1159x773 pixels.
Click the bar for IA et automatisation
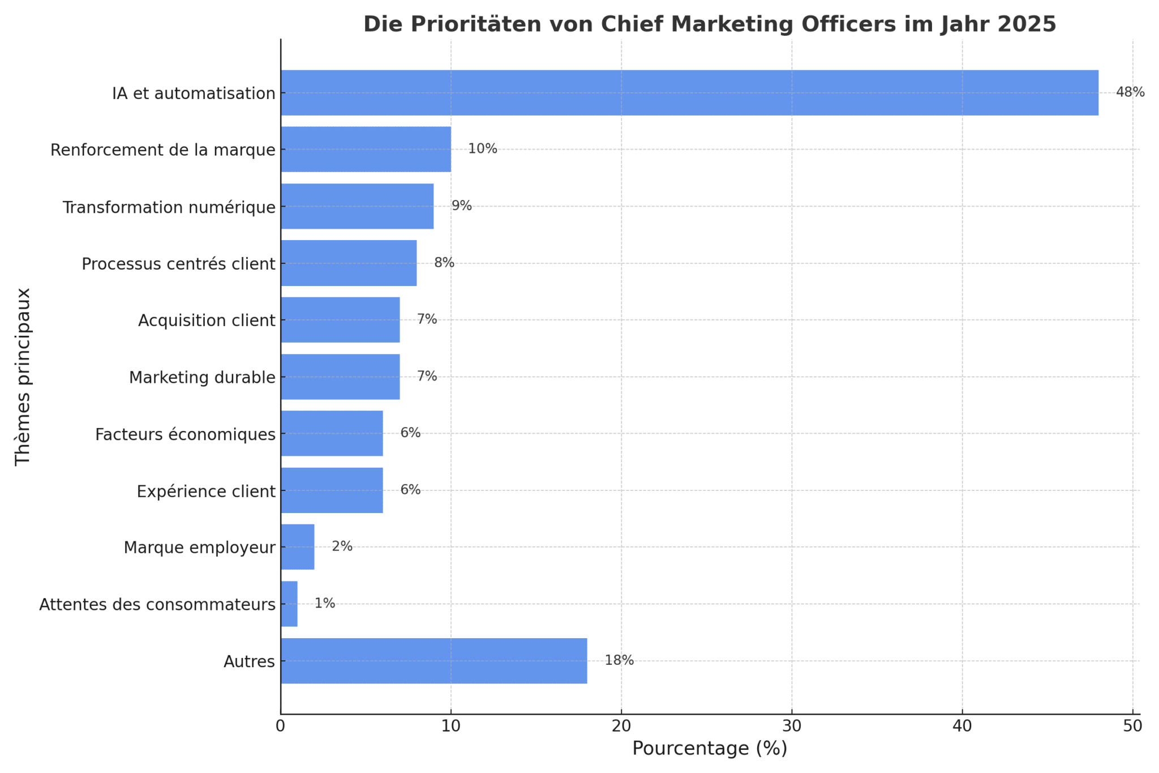pos(689,93)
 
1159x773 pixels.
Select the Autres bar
pos(433,661)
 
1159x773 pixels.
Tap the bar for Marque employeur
pos(298,547)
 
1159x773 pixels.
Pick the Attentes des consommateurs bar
pos(289,604)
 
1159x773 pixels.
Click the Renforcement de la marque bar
pos(366,150)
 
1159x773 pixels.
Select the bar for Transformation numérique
pos(357,206)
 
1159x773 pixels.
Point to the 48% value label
pos(1130,92)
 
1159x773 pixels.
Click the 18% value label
pos(619,660)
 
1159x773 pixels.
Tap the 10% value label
pos(482,149)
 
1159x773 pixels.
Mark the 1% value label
pos(325,604)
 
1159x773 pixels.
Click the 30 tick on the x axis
pos(792,726)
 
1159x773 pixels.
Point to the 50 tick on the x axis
pos(1132,726)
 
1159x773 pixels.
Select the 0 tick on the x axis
pos(281,726)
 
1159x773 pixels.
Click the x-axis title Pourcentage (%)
pos(710,749)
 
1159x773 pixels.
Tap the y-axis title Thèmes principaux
pos(23,377)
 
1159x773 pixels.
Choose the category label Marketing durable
pos(202,377)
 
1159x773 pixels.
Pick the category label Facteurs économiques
pos(185,434)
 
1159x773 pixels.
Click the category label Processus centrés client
pos(178,264)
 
